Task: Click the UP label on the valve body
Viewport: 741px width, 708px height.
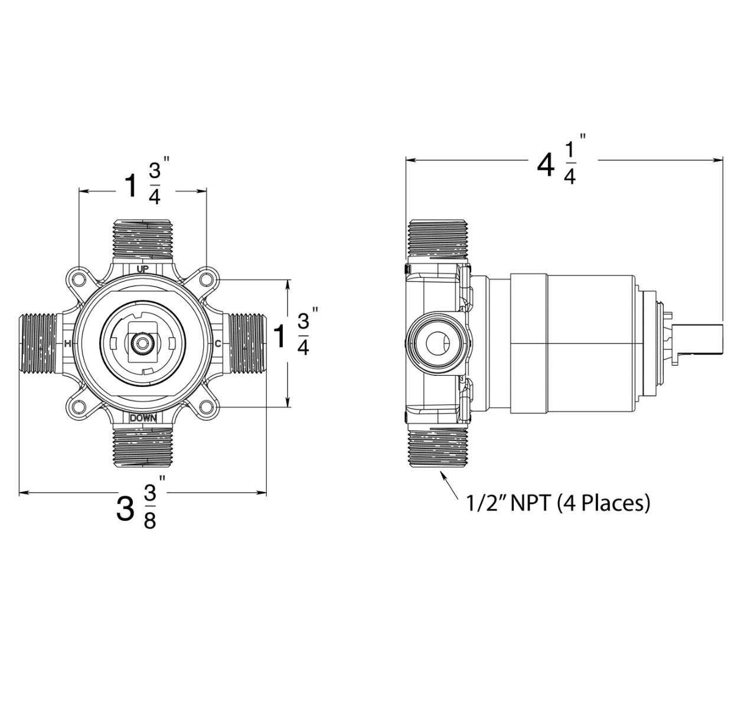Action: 142,269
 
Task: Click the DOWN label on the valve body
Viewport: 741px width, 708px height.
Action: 142,417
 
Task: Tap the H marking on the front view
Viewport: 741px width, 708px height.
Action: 67,343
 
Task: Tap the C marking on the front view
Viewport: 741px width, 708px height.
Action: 218,343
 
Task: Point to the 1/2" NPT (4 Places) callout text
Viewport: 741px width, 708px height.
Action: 558,503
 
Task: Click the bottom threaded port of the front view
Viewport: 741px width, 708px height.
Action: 142,447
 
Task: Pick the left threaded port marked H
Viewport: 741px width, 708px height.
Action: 40,343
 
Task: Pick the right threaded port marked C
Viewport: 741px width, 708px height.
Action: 247,343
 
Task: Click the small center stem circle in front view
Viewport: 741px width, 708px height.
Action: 142,343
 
